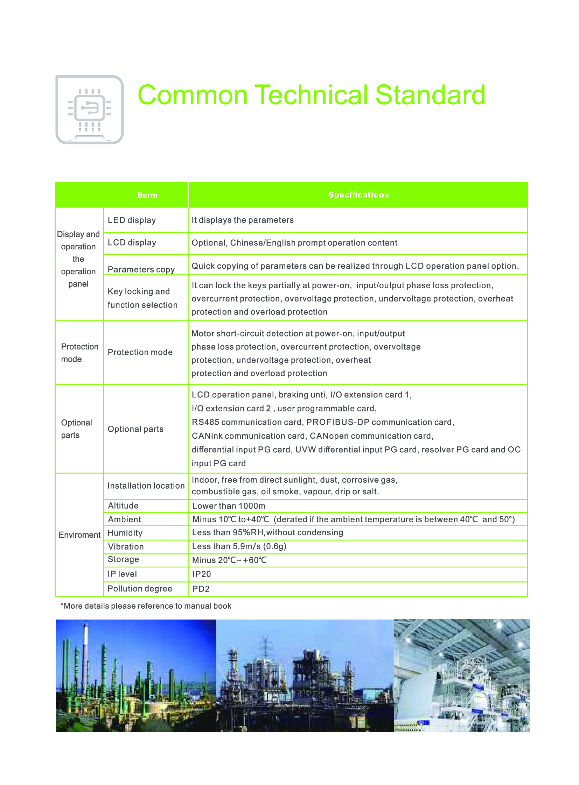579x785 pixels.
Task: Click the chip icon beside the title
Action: (89, 109)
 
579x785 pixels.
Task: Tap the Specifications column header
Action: (358, 195)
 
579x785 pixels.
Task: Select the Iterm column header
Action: (147, 196)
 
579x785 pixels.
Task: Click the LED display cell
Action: (132, 220)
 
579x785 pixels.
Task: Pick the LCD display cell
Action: (132, 243)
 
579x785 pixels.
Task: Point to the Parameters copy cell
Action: (141, 269)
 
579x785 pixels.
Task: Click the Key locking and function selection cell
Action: (142, 298)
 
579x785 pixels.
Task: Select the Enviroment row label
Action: (79, 535)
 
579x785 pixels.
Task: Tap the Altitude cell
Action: (123, 505)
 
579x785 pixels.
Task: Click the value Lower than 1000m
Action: (229, 506)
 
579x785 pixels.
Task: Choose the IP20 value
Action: (202, 574)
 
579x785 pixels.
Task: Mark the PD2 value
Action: (201, 589)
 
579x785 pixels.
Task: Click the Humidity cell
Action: (125, 533)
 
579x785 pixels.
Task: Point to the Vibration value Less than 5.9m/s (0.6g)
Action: (239, 546)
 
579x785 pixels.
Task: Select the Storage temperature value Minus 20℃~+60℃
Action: (229, 560)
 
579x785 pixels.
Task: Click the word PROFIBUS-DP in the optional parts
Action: (337, 422)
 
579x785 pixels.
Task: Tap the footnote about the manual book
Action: (146, 606)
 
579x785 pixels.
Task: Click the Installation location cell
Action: (146, 486)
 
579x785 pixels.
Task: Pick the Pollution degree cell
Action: (139, 588)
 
